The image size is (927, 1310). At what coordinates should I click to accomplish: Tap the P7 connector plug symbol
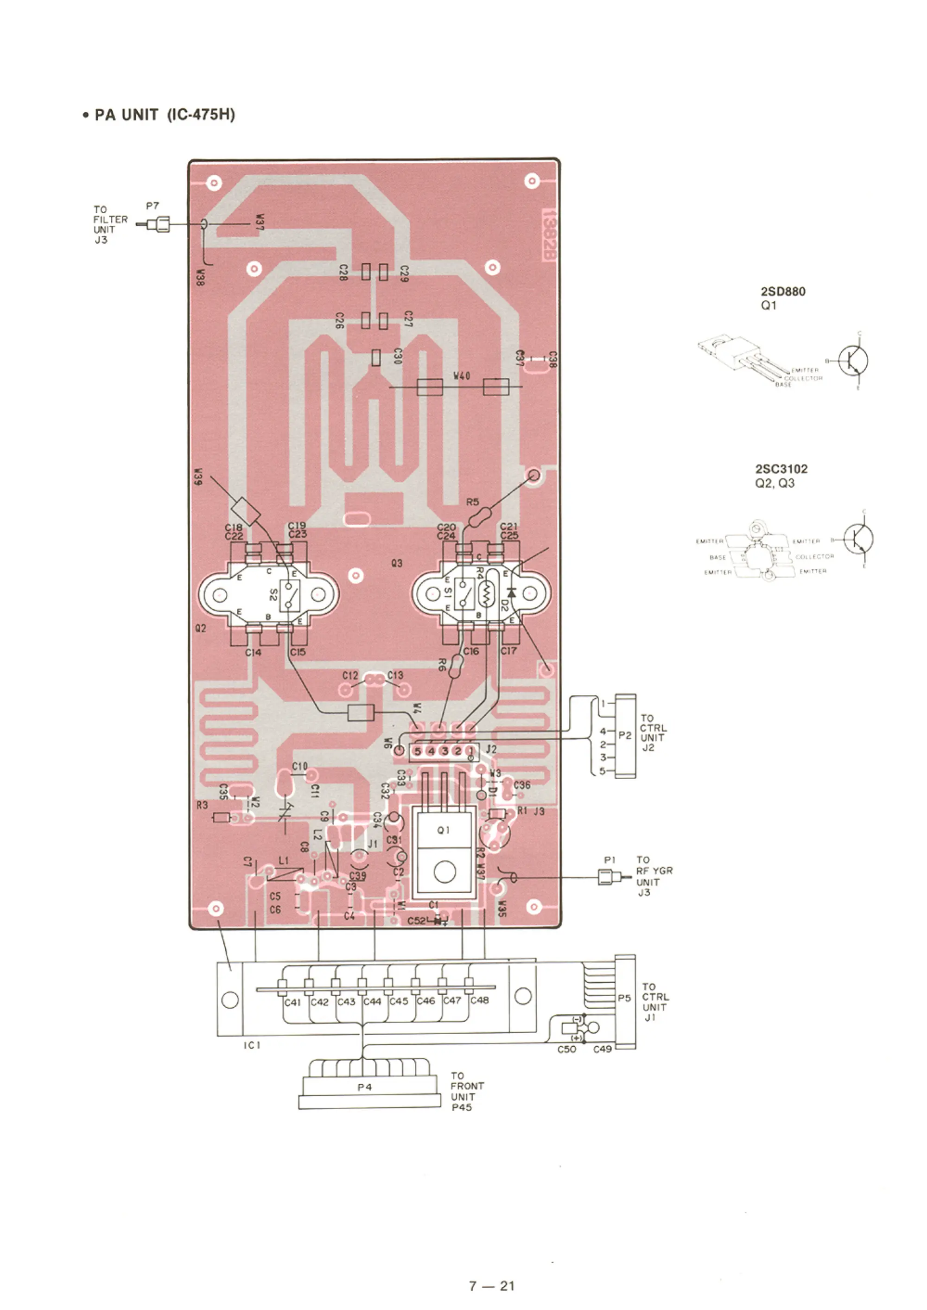click(x=158, y=224)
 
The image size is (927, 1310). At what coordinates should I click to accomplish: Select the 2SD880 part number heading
click(x=782, y=292)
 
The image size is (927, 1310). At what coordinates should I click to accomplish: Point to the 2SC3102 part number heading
click(x=781, y=469)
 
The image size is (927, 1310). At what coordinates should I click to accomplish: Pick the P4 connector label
click(x=364, y=1087)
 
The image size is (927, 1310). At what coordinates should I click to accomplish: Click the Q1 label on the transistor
click(x=444, y=831)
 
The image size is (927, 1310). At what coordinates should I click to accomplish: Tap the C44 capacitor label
click(x=372, y=1001)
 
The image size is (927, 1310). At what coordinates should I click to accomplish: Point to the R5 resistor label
click(x=473, y=502)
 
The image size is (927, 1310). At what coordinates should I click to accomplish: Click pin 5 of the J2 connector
click(x=418, y=751)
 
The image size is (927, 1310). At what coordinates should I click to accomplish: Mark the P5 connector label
click(x=624, y=998)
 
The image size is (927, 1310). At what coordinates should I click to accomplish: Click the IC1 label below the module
click(x=252, y=1045)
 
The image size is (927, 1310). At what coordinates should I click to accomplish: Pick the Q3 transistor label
click(x=397, y=563)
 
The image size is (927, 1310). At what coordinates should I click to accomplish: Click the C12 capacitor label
click(x=350, y=675)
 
